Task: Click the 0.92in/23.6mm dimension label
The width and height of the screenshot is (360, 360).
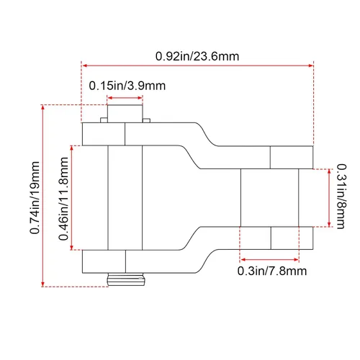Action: (x=197, y=56)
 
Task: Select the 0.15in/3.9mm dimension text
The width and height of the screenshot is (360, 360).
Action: (x=127, y=86)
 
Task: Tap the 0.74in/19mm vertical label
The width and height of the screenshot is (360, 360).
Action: (x=35, y=197)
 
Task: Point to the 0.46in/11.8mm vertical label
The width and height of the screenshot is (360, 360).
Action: (x=63, y=199)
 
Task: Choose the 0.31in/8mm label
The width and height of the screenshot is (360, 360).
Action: (x=341, y=197)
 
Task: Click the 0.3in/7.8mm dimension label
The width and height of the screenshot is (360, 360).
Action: (x=272, y=271)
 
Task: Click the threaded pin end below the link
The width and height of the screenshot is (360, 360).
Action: (x=126, y=279)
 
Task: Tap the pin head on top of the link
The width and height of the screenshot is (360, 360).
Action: (x=125, y=114)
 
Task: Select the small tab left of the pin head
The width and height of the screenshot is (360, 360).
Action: (x=104, y=120)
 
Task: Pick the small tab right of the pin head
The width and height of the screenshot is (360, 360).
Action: (x=146, y=120)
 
